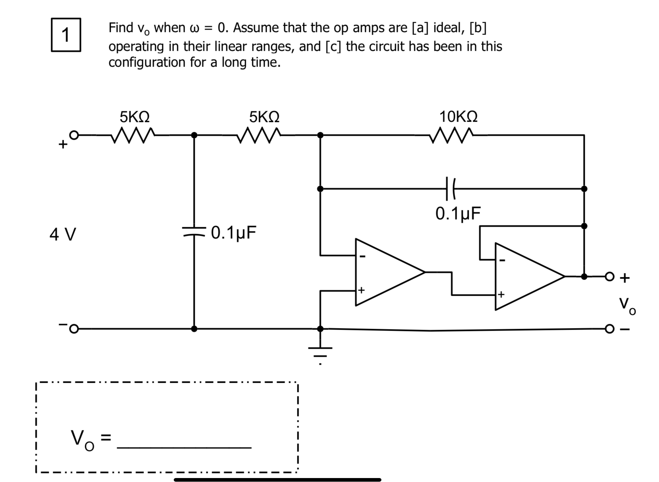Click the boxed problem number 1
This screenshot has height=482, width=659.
(66, 35)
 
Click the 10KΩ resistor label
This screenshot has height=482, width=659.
(458, 117)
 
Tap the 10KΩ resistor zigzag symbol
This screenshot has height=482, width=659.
(452, 136)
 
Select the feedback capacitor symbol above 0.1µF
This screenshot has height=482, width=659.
(450, 189)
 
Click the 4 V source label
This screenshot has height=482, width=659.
(63, 234)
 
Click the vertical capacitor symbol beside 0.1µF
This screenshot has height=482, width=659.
(194, 231)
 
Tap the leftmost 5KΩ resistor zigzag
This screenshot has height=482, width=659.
(133, 136)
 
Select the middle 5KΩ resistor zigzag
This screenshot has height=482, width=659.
(259, 136)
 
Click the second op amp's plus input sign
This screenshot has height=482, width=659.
(501, 294)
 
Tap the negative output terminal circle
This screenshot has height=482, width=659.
(610, 329)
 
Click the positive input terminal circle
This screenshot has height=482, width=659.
(75, 135)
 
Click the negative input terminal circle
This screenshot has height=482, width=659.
(74, 329)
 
